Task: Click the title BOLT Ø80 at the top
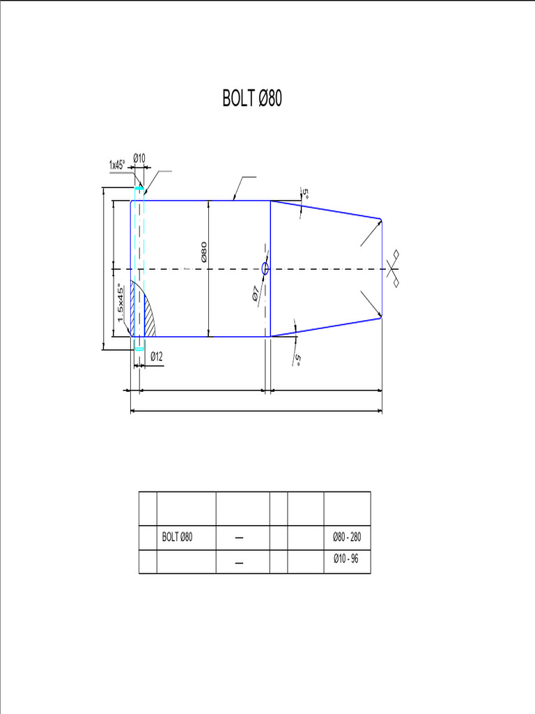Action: pos(252,99)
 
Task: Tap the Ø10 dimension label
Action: pos(139,158)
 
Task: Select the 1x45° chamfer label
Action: pos(117,165)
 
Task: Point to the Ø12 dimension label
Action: pos(156,357)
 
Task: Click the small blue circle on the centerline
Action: pos(265,268)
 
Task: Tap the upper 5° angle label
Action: pos(304,192)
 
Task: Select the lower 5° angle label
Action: pos(297,360)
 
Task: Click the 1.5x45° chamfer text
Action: pos(121,302)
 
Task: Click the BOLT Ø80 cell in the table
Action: pos(177,537)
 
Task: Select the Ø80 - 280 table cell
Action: pos(347,537)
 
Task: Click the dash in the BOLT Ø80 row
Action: pos(240,538)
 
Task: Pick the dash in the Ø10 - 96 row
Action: pos(240,563)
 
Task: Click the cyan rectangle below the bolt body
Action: pos(139,349)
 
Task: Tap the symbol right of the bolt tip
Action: pos(395,268)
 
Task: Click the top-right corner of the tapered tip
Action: pos(381,220)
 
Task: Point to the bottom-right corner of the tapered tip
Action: pos(381,317)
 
